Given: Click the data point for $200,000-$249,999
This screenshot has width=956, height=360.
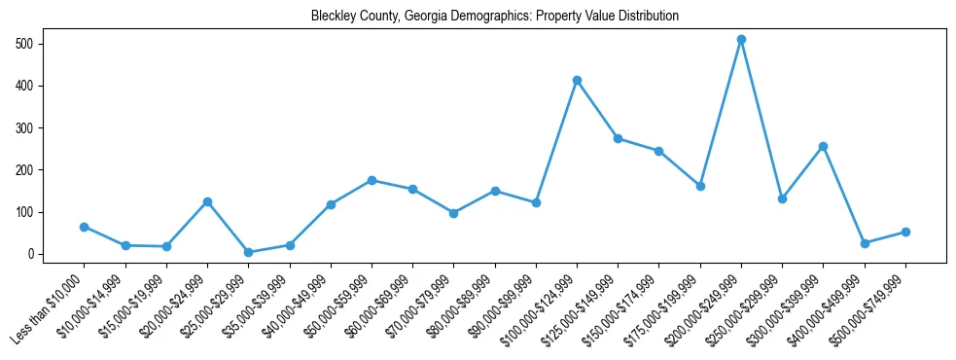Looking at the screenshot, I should [741, 40].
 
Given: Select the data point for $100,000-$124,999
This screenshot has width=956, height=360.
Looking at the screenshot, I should [577, 80].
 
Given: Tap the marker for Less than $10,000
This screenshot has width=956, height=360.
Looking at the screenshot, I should [84, 227].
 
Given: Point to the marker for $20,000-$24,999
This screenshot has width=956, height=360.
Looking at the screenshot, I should [207, 201].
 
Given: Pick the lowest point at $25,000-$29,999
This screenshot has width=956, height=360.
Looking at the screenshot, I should [248, 252].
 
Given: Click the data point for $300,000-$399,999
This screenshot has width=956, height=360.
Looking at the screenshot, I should [823, 146].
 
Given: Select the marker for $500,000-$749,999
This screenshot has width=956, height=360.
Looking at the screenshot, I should [905, 232].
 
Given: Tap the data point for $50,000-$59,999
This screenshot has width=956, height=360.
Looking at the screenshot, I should [372, 180].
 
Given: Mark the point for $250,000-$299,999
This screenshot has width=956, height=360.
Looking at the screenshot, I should [782, 198].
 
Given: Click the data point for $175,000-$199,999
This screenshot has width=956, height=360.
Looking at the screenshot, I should [700, 186].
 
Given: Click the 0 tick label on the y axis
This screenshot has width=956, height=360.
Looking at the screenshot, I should [31, 254].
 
